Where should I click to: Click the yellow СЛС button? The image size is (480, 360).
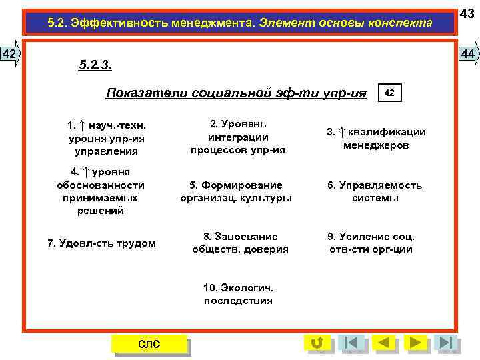click(149, 344)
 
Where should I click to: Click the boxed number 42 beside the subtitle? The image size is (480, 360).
click(390, 93)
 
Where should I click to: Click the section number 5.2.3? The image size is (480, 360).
click(95, 65)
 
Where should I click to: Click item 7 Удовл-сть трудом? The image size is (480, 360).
click(101, 243)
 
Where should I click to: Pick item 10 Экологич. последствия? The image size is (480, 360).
click(238, 294)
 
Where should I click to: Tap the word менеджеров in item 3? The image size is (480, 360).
click(376, 145)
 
